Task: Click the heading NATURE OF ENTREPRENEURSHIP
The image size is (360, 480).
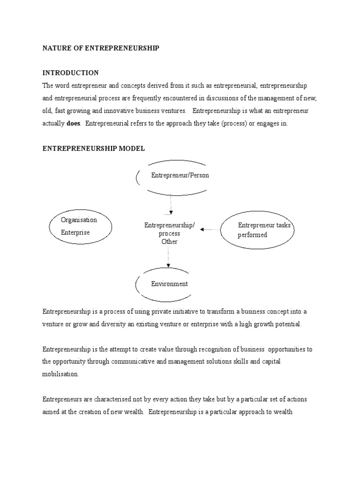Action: tap(101, 48)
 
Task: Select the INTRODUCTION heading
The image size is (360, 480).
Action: tap(71, 73)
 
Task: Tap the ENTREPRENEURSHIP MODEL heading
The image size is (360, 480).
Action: tap(94, 148)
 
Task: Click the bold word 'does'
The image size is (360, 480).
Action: tap(74, 124)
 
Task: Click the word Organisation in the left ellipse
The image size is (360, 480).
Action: tap(79, 220)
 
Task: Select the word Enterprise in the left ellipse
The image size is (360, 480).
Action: tap(75, 232)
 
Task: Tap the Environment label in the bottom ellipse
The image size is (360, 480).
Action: tap(169, 284)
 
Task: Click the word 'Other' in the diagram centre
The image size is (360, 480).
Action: tap(169, 242)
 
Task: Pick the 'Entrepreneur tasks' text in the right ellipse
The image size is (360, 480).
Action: tap(264, 225)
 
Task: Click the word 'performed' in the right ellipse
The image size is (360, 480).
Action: tap(252, 235)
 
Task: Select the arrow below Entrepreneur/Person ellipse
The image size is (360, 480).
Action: tap(171, 204)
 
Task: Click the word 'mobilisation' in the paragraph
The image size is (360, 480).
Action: tap(61, 375)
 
